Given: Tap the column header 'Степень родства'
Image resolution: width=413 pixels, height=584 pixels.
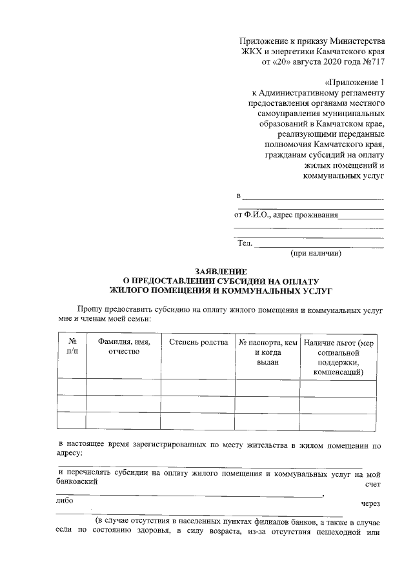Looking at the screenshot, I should [x=198, y=343].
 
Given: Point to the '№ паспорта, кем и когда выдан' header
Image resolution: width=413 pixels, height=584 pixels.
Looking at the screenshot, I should [x=267, y=352].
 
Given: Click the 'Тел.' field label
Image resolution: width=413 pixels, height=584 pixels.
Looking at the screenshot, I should [x=245, y=243].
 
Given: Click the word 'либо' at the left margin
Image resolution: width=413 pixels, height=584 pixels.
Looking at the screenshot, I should [x=65, y=499].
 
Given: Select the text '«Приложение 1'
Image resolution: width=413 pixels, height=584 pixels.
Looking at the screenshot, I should [x=354, y=83].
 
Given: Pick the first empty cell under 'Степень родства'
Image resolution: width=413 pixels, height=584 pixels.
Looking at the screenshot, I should [x=198, y=387].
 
